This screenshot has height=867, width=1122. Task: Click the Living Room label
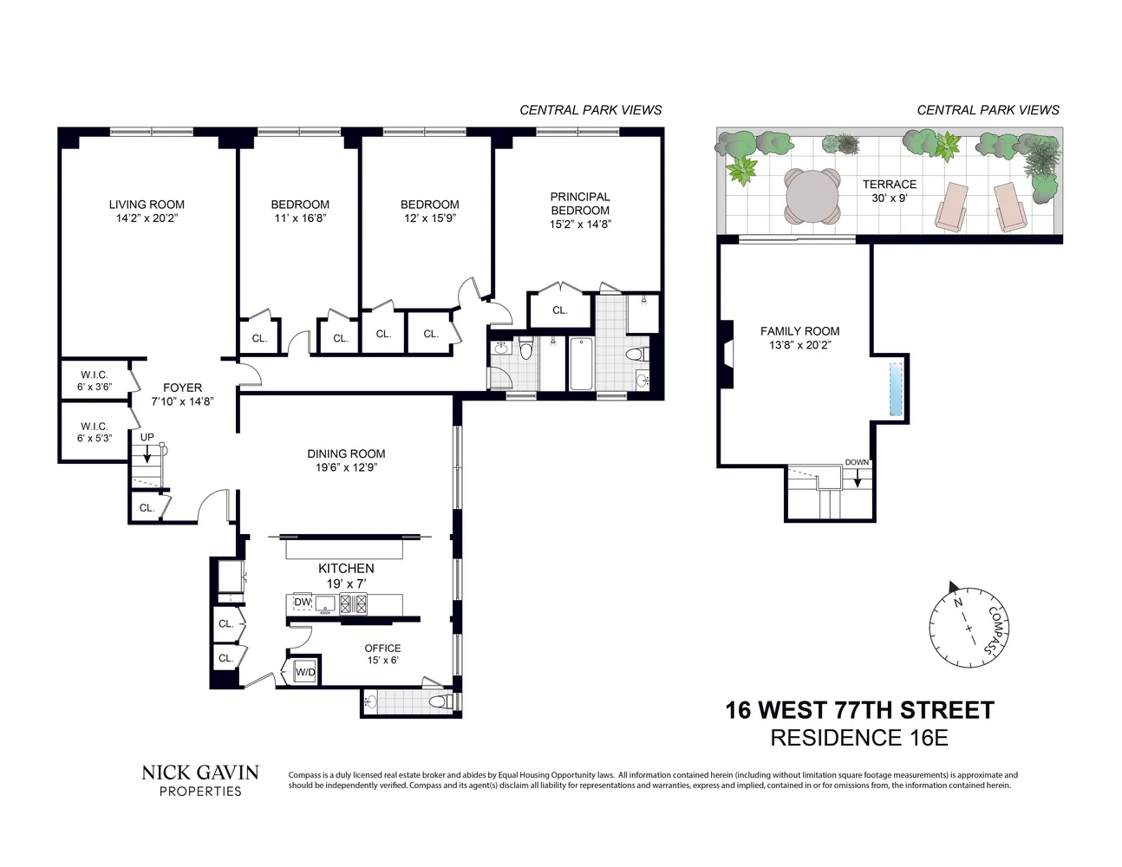pos(147,205)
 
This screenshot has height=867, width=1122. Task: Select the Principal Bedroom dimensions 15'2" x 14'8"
pos(580,225)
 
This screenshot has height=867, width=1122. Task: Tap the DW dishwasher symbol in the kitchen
pos(302,603)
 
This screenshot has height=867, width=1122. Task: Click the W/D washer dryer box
pos(305,672)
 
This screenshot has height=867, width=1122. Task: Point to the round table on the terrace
pos(812,196)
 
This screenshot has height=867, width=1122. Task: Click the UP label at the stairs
pos(147,437)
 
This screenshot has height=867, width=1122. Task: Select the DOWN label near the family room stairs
pos(857,462)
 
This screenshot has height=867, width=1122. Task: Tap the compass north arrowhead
pos(954,586)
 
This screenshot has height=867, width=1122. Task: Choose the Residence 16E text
pos(859,738)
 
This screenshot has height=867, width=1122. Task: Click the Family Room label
pos(799,331)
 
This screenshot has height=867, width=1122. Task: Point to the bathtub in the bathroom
pos(581,364)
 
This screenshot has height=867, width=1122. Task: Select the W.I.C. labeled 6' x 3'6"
pos(95,381)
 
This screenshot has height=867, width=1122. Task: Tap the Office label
pos(382,648)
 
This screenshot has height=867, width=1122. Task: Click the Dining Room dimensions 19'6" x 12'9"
pos(346,467)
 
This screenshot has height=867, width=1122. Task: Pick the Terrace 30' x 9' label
pos(890,191)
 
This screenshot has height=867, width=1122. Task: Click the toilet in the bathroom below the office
pos(438,701)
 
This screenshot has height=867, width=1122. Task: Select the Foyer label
pos(182,388)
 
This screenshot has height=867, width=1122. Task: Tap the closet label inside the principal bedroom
pos(560,310)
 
